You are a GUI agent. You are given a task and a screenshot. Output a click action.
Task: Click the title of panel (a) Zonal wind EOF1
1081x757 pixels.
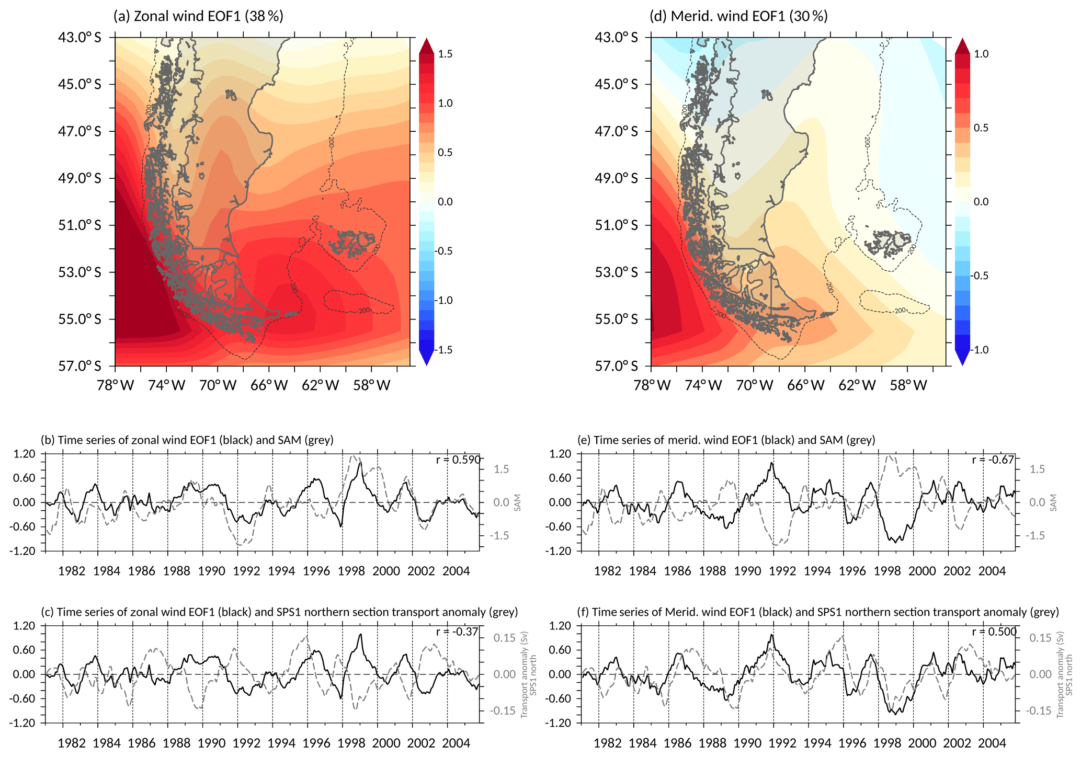198,16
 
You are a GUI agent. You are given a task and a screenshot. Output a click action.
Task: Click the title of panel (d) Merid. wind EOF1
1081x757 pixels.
738,16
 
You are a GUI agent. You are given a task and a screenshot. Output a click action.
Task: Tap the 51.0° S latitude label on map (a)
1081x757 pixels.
79,225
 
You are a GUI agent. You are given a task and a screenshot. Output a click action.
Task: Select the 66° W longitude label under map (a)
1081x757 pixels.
269,386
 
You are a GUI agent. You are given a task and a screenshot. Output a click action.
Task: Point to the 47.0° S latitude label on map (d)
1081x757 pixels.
616,131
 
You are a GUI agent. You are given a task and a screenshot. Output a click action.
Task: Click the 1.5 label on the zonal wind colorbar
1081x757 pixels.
445,54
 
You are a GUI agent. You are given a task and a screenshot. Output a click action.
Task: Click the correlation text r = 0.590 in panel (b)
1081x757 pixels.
458,460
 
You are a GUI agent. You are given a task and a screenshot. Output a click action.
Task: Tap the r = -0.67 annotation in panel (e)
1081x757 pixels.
993,460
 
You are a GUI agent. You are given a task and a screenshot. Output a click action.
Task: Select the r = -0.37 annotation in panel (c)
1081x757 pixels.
457,632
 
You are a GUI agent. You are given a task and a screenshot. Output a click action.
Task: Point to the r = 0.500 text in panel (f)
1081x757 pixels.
994,632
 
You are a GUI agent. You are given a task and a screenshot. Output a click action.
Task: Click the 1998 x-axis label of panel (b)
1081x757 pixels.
351,571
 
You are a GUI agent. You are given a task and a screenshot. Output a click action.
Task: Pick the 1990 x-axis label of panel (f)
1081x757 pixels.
747,742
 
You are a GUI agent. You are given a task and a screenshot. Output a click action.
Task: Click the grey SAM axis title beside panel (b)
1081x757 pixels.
518,502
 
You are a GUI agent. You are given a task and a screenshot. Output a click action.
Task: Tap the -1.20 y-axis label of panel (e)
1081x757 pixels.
560,551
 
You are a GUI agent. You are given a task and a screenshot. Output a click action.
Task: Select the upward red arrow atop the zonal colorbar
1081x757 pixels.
427,46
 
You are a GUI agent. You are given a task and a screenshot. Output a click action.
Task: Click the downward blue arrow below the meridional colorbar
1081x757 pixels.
962,358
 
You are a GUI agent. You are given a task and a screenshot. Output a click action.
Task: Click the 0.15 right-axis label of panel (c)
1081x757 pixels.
505,638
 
